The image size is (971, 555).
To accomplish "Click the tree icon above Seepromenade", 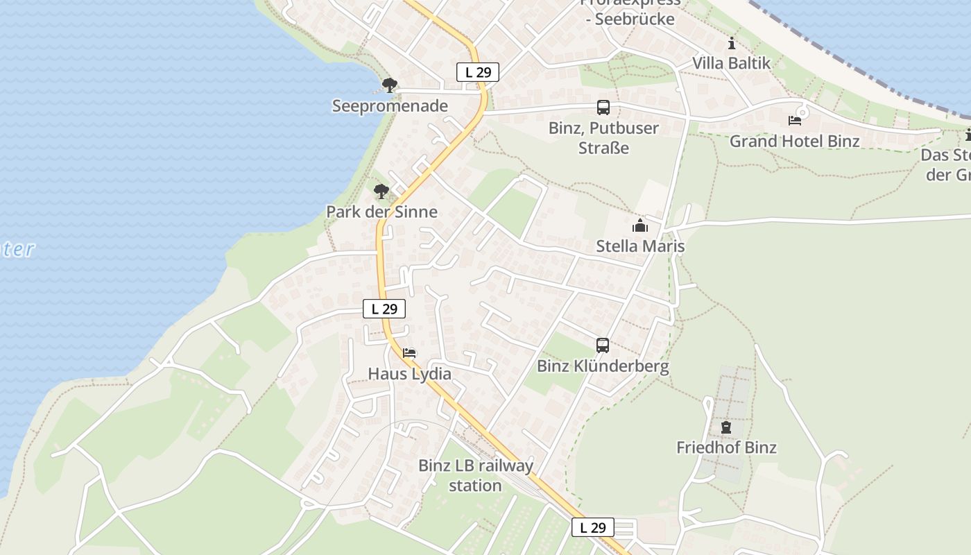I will pos(390,85).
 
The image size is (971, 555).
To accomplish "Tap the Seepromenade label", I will pos(390,106).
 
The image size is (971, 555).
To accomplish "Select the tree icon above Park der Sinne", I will pos(381,191).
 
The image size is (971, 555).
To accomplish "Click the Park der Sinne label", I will pos(382,212).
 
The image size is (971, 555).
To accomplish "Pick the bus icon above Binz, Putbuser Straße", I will pos(603,108).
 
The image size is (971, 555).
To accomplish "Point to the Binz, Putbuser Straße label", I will pos(603,137).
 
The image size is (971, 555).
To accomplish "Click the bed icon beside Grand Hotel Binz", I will pos(795,121).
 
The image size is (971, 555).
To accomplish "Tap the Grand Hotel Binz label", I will pos(795,141).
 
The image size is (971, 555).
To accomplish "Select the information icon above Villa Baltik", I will pos(732,44).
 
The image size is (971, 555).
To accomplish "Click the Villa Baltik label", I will pos(732,63).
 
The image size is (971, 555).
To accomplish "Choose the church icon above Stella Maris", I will pos(639,225).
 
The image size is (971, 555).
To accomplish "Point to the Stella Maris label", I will pos(640,246).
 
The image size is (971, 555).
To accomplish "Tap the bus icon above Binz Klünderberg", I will pos(603,345).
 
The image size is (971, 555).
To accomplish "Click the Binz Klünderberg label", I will pos(603,366).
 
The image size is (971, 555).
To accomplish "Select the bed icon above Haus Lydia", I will pos(409,353).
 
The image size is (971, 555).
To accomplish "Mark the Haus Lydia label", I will pos(409,374).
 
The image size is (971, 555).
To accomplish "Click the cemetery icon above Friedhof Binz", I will pos(726,427).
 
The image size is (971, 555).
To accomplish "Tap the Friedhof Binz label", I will pos(726,447).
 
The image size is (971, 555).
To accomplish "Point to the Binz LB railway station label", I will pos(476,475).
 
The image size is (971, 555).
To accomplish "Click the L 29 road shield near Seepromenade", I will pos(478,72).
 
